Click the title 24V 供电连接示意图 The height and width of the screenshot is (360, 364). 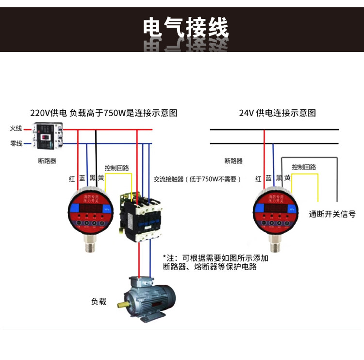coord(277,113)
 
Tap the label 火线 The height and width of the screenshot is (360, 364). coord(17,129)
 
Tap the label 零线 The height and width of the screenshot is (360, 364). coord(17,143)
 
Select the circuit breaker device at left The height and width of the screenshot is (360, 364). coord(48,136)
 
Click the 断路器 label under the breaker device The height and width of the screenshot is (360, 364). coord(47,160)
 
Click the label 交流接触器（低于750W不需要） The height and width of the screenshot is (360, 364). coord(197,179)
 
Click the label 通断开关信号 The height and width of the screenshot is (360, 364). coord(332,214)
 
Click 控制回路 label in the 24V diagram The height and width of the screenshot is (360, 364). coord(304,167)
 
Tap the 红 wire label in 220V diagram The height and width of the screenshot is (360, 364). coord(72,179)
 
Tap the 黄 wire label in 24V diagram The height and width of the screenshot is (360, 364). coord(287,178)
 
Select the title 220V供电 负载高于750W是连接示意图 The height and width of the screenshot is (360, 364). coord(104,113)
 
